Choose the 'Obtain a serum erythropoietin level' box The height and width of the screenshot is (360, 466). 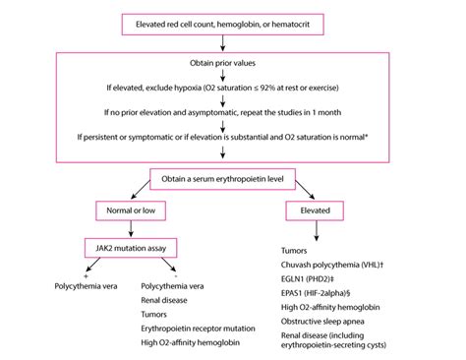click(233, 178)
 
